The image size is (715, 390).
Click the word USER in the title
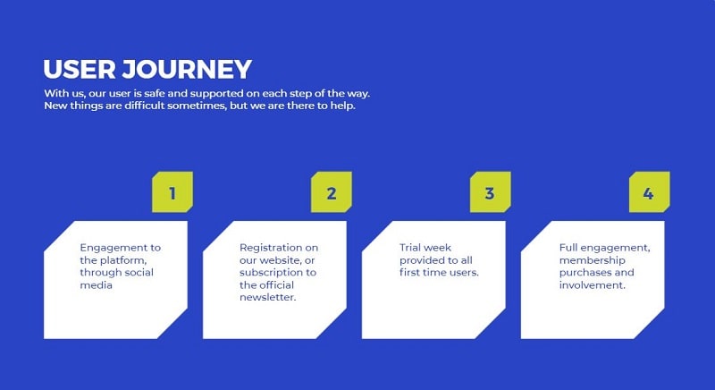coord(79,70)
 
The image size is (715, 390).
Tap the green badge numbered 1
coord(172,192)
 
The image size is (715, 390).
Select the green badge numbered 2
coord(332,192)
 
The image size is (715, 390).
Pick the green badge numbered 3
coord(490,192)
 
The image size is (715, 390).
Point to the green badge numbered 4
coord(649,192)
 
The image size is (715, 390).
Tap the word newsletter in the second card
coord(267,298)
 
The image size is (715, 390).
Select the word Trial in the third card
coord(414,247)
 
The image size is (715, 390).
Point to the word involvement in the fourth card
coord(593,285)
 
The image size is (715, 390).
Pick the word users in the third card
coord(463,272)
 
